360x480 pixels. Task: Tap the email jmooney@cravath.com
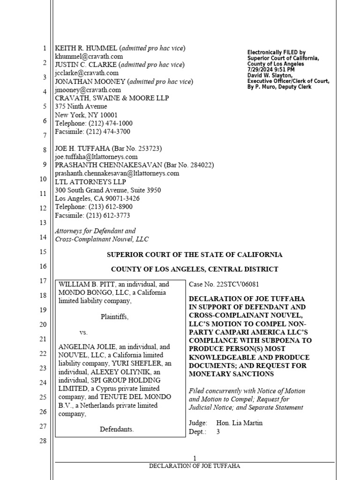click(88, 90)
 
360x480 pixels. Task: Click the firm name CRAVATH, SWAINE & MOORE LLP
click(112, 98)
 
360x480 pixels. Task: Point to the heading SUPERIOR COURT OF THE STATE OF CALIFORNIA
click(195, 255)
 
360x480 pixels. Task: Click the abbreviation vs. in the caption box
click(84, 332)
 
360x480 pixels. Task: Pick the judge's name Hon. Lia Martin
click(240, 423)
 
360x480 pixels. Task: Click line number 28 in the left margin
click(44, 441)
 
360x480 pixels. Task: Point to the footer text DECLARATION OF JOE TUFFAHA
click(195, 466)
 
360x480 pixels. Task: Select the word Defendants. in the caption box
click(117, 429)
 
